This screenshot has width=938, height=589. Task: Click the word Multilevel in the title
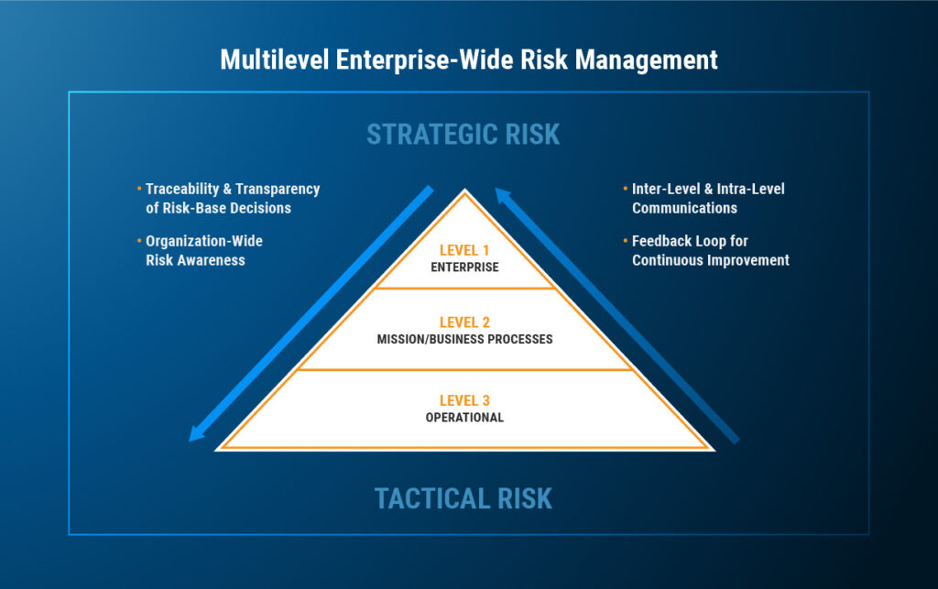click(x=275, y=60)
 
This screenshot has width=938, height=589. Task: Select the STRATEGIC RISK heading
click(x=463, y=134)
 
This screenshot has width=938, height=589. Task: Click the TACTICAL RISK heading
click(x=463, y=498)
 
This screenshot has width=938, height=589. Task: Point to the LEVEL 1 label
click(x=464, y=250)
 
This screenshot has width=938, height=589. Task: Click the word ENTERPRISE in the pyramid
click(x=464, y=267)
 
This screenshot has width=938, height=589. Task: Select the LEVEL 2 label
click(x=464, y=322)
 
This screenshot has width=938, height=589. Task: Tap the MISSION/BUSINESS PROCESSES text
click(x=464, y=339)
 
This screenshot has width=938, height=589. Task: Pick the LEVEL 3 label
click(x=464, y=400)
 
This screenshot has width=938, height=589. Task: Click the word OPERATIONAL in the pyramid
click(x=464, y=418)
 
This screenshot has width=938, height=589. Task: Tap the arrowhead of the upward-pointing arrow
click(x=503, y=195)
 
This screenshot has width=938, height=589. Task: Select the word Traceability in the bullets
click(x=182, y=189)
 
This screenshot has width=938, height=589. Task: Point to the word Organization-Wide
click(x=204, y=241)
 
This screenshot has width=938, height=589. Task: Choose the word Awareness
click(x=213, y=260)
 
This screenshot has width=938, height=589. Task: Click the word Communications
click(x=684, y=208)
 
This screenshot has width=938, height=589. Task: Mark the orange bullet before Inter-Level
click(x=626, y=189)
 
